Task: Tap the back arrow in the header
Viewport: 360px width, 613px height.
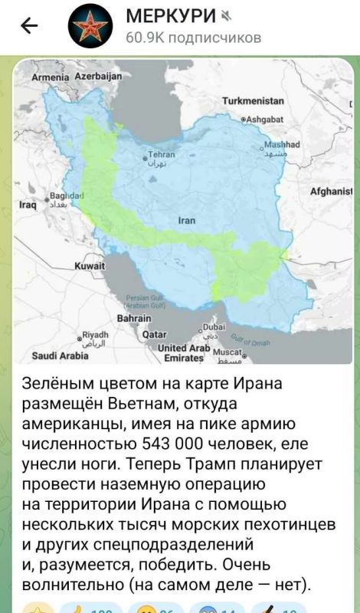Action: click(28, 26)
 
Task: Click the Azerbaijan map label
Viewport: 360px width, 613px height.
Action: click(98, 77)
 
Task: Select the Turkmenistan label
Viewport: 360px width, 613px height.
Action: click(253, 101)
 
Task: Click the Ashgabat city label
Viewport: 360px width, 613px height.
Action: click(264, 119)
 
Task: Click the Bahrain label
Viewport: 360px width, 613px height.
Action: click(133, 319)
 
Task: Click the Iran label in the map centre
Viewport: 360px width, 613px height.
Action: click(188, 220)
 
